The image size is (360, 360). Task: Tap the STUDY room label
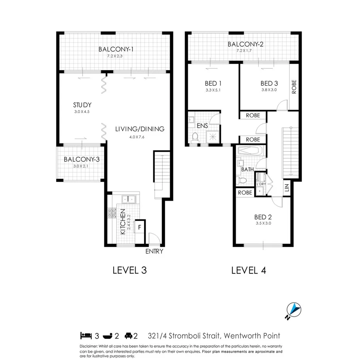pos(82,105)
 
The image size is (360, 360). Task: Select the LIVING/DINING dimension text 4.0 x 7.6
pos(140,136)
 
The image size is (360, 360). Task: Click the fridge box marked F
pos(139,227)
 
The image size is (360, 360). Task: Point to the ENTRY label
pos(154,251)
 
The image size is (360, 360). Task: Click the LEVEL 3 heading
pos(129,270)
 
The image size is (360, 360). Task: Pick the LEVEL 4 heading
pos(248,270)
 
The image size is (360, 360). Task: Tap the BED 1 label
pos(213,83)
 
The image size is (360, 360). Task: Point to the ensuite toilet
pos(195,137)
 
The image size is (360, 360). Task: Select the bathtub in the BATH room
pos(250,150)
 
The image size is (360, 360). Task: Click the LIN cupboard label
pos(286,188)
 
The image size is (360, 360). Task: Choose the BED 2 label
pos(263,217)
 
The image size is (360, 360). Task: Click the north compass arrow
pos(294,309)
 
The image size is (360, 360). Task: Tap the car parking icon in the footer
pos(129,336)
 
